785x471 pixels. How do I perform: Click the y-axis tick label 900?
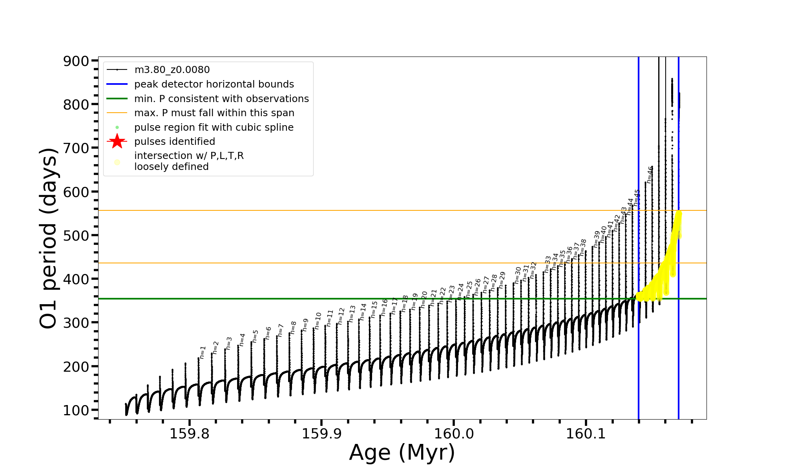point(76,61)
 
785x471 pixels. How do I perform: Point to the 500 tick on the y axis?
point(76,235)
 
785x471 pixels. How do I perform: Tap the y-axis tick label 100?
point(76,410)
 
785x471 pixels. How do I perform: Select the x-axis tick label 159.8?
point(189,434)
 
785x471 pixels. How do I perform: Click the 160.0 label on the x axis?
point(454,434)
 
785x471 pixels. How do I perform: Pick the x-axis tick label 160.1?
point(586,434)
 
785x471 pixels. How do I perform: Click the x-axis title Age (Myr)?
point(402,453)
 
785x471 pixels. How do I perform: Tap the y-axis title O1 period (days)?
point(49,238)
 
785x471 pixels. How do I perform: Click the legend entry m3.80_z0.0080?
point(172,70)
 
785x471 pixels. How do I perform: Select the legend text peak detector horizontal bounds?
point(214,84)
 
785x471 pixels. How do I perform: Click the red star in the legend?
point(117,142)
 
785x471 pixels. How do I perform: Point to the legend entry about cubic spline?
point(214,128)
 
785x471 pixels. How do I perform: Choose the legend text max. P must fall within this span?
point(214,113)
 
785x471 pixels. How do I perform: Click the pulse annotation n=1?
point(203,352)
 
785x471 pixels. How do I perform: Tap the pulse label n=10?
point(318,320)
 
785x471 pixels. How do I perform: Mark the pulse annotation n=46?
point(650,175)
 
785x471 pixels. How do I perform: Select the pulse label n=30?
point(518,275)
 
